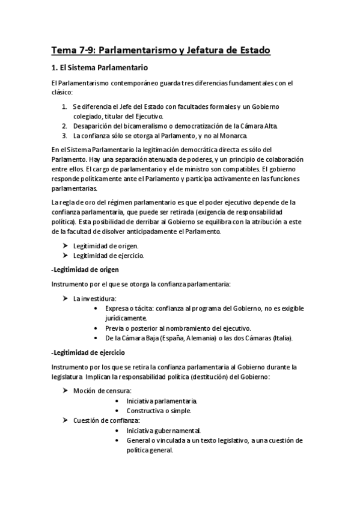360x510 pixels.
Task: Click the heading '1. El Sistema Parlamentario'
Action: coord(99,67)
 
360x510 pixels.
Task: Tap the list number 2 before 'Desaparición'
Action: coord(64,126)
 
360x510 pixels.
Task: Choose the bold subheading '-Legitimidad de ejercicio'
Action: coord(88,352)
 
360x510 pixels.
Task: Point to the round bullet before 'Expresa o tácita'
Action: coord(98,308)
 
